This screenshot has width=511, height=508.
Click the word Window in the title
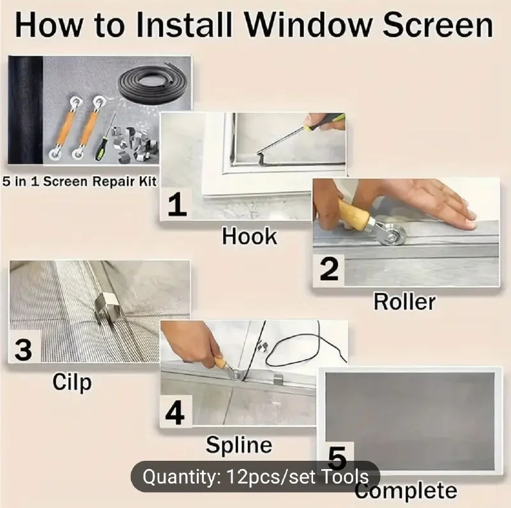tap(308, 25)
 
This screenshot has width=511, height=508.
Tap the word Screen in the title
tap(438, 25)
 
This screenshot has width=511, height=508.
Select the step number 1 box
tap(177, 204)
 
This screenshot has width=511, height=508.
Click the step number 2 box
tap(329, 269)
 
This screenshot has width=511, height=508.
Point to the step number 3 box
tap(24, 348)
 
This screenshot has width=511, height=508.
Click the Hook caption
tap(249, 236)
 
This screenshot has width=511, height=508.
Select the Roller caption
tap(404, 302)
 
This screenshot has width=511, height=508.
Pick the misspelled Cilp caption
tap(72, 382)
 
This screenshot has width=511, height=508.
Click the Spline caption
tap(239, 445)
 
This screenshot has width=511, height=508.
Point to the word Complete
tap(406, 490)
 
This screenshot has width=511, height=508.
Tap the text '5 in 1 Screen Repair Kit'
tap(79, 181)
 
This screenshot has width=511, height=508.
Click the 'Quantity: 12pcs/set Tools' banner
tap(256, 477)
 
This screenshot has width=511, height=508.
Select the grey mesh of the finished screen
tap(410, 420)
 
